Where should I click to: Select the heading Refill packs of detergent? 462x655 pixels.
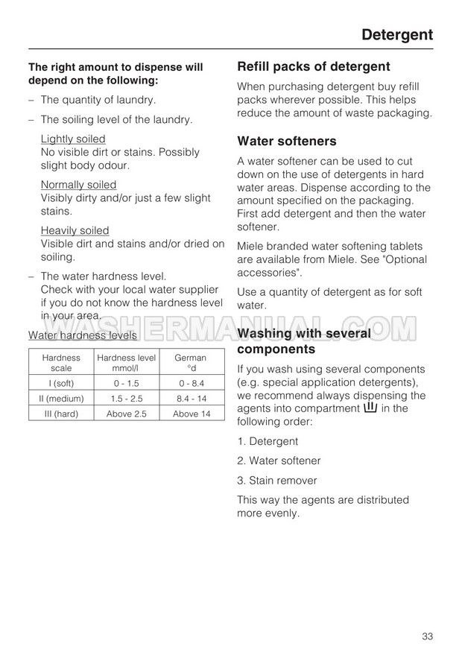(313, 66)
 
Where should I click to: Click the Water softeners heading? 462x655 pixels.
(287, 141)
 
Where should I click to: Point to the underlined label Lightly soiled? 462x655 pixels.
(73, 139)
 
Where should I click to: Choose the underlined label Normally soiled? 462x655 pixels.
(78, 185)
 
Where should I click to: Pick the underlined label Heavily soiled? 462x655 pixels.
(75, 230)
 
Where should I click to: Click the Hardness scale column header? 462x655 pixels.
(61, 363)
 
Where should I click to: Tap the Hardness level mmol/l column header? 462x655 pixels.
(127, 363)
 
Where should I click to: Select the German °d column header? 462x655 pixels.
(191, 363)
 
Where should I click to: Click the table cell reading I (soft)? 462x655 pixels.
(61, 383)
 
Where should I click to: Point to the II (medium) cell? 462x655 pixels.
(61, 398)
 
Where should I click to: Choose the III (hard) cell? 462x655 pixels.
(61, 414)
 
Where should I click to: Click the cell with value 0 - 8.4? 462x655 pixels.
(191, 383)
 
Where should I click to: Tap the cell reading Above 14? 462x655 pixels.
(191, 414)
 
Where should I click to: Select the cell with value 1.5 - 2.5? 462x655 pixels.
(127, 398)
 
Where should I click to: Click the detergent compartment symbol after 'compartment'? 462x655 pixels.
(370, 408)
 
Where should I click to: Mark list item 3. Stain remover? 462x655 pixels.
(276, 481)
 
